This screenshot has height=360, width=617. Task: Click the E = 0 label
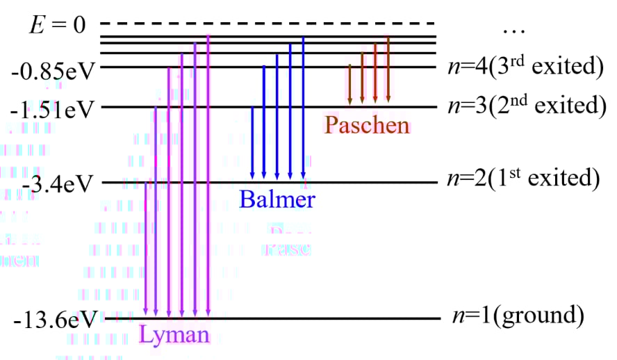pos(58,26)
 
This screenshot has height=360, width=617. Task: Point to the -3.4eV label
pos(58,185)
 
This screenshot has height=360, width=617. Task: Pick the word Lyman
pos(174,335)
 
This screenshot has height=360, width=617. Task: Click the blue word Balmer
pos(277,200)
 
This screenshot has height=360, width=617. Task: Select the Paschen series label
pos(367,125)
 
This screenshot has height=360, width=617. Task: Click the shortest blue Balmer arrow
pos(252,142)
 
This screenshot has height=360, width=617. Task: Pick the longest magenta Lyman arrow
pos(208,174)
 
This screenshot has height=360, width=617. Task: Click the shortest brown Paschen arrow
pos(350,85)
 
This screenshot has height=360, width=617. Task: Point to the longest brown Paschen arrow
pos(388,70)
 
